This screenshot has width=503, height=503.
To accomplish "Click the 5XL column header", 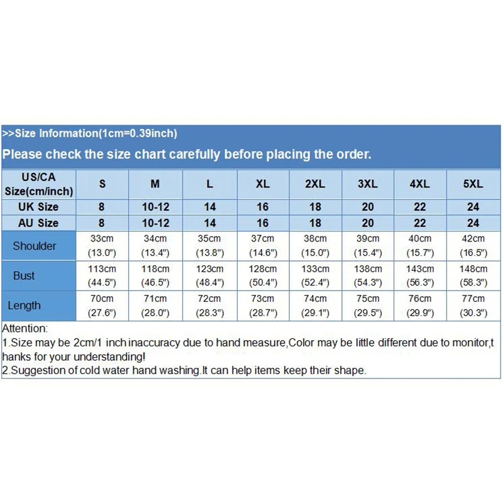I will pos(473,184).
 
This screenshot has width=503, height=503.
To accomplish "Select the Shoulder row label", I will pos(35,246).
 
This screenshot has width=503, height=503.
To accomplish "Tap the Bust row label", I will pos(24,275).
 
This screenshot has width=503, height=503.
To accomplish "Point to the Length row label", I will pos(24,306).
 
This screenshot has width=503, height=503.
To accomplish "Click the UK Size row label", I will pos(38,207).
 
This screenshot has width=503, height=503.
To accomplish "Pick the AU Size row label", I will pos(38,223).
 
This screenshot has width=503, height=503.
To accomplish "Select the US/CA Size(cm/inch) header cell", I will pos(38,184).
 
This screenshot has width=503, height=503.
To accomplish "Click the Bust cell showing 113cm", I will pos(102,275).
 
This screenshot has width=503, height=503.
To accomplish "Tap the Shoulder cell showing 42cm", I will pos(473,245).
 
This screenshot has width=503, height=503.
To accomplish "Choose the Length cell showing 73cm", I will pos(263,306).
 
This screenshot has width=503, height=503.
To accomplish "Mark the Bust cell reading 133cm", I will pos(315,275).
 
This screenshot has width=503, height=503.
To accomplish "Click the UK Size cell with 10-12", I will pos(155,207).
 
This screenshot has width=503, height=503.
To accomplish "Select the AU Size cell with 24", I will pos(473,223).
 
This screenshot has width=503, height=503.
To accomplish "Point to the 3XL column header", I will pos(368,184).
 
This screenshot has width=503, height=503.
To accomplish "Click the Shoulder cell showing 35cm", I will pos(209,245).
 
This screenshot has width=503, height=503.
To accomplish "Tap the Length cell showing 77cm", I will pos(473,306).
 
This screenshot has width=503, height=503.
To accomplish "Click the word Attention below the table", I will pos(25,328).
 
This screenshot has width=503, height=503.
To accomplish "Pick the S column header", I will pos(102,184).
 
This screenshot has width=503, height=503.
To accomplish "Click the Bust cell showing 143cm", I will pos(420,275).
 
